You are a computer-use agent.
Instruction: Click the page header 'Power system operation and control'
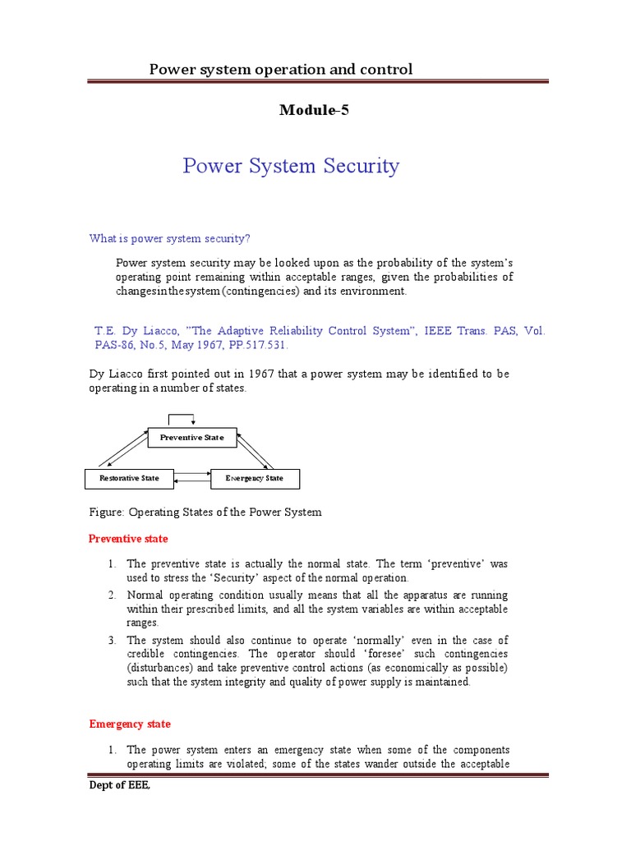pyautogui.click(x=280, y=69)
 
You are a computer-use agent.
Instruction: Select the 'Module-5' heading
pyautogui.click(x=315, y=111)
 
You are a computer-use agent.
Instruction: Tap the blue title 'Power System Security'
pyautogui.click(x=291, y=166)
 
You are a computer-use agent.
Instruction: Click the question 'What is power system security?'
pyautogui.click(x=169, y=238)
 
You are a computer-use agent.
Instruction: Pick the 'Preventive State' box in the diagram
pyautogui.click(x=191, y=438)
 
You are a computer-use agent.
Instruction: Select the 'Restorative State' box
pyautogui.click(x=129, y=478)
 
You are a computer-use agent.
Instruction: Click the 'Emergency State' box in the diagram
pyautogui.click(x=255, y=478)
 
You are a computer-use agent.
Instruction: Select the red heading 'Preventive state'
pyautogui.click(x=127, y=539)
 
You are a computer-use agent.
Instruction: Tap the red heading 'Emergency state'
pyautogui.click(x=130, y=724)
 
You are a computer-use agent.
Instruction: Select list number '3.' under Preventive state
pyautogui.click(x=113, y=640)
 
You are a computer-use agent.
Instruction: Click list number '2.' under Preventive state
pyautogui.click(x=113, y=595)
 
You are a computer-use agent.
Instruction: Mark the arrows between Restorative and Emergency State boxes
pyautogui.click(x=191, y=476)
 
